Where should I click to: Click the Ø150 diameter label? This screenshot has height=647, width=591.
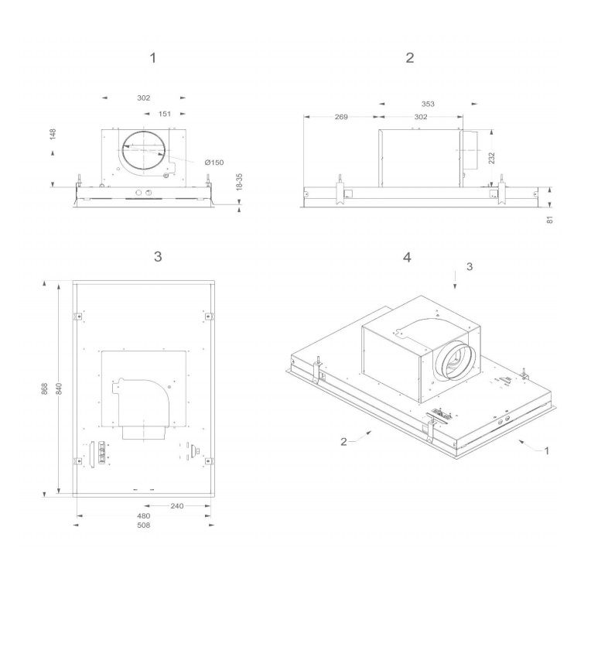(214, 163)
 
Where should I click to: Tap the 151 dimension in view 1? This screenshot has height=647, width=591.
(165, 114)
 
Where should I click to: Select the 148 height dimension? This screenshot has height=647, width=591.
(53, 134)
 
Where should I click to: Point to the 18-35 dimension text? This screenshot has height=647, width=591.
(239, 182)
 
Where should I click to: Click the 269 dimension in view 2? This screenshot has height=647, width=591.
(341, 117)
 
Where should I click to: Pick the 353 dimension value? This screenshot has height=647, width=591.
(428, 104)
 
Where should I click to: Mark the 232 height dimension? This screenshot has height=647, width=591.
(492, 158)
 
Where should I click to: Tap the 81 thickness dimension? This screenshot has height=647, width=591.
(549, 220)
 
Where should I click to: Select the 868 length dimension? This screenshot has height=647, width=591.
(45, 389)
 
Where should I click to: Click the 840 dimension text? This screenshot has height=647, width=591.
(59, 389)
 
